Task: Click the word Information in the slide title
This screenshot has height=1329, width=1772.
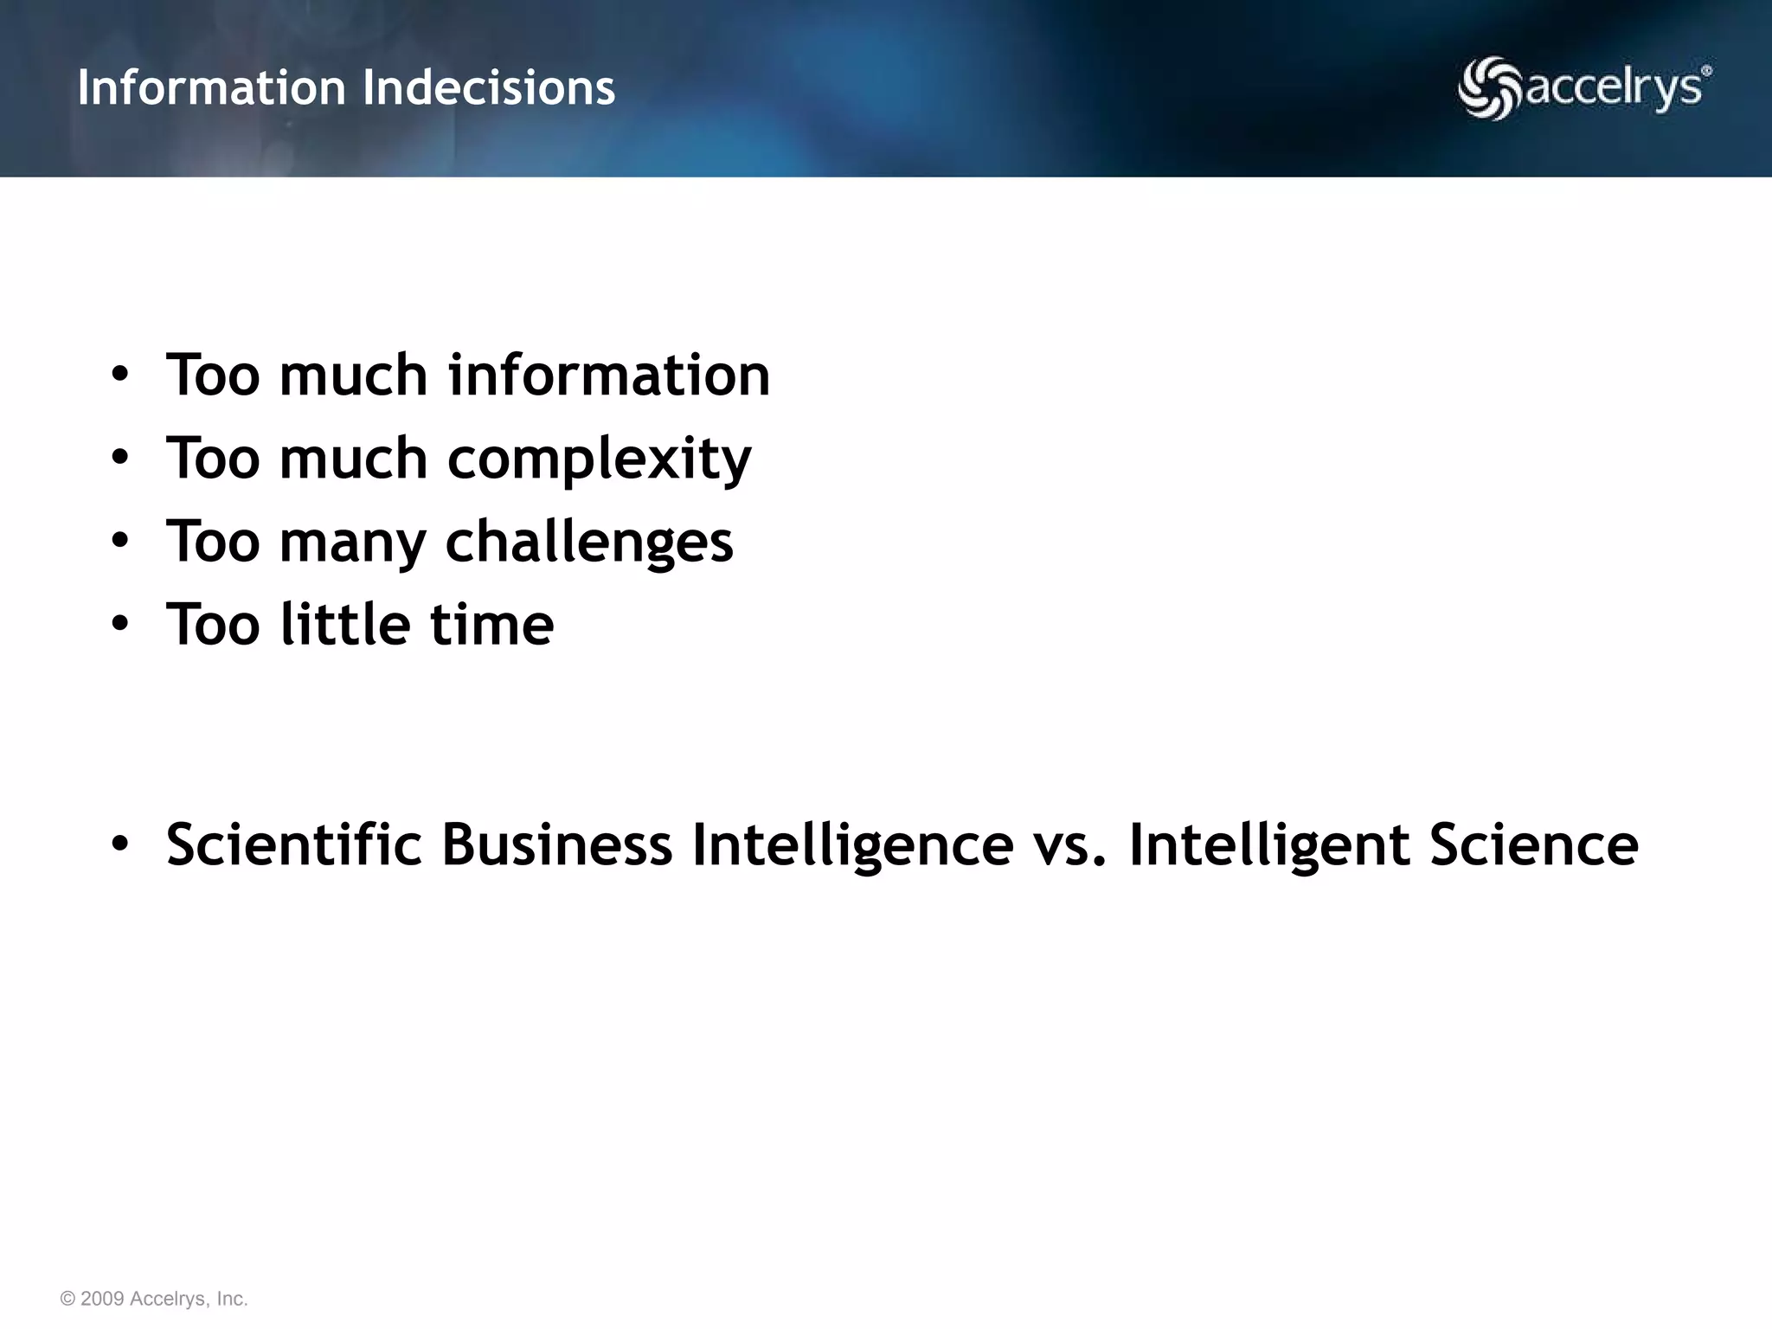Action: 211,87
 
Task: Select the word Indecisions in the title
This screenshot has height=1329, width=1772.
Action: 489,87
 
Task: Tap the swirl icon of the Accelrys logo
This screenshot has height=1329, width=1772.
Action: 1489,88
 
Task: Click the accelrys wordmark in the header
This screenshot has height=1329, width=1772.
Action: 1615,89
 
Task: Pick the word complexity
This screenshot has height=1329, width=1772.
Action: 599,459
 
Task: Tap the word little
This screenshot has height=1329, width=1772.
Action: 344,624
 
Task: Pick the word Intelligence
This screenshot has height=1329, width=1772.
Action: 852,846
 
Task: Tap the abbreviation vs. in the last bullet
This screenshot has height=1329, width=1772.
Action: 1070,845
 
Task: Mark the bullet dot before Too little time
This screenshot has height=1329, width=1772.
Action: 119,624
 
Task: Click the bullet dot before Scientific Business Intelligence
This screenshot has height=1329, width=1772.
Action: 119,844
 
